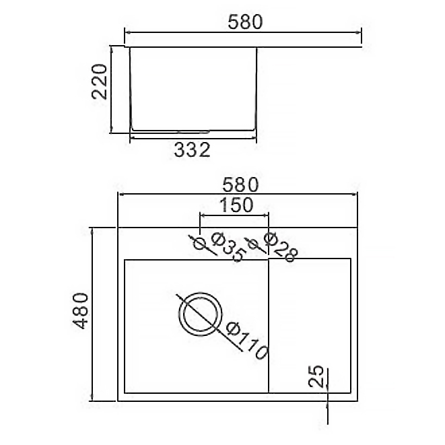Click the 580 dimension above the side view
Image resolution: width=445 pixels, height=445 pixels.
coord(246,22)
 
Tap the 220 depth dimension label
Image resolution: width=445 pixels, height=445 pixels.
coord(100,81)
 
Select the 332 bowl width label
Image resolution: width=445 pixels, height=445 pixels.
coord(192,150)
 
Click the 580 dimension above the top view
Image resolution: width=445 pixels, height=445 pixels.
coord(240,184)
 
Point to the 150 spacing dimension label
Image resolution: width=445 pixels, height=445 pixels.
coord(236,205)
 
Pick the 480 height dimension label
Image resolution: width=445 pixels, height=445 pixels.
coord(80,311)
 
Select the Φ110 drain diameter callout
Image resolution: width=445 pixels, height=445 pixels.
coord(247,341)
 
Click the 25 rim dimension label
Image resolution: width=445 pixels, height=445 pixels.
coord(316,376)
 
